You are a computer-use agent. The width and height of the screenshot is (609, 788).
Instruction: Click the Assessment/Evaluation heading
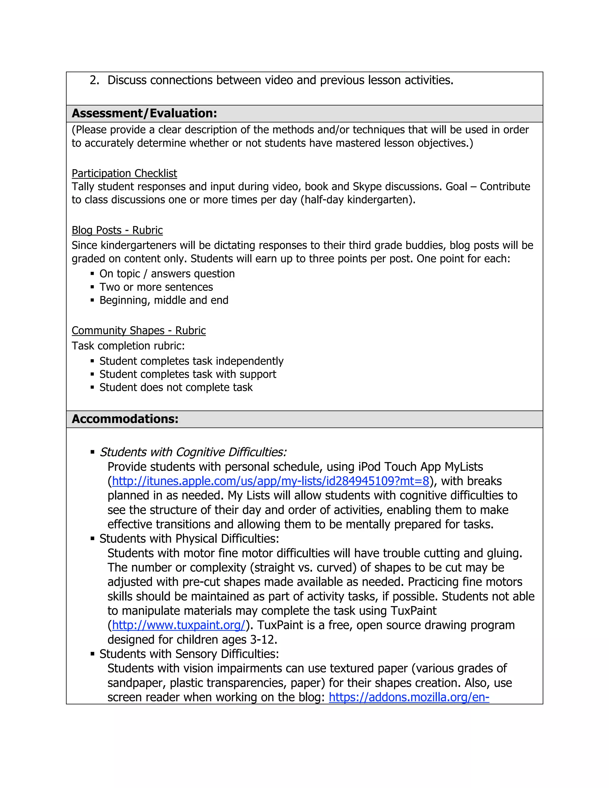tap(144, 113)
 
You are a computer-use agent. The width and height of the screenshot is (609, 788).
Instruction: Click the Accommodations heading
tap(125, 419)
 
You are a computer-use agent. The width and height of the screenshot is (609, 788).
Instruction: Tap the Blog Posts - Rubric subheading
tap(117, 230)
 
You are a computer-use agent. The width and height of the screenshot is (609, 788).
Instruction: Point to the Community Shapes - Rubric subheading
tap(139, 330)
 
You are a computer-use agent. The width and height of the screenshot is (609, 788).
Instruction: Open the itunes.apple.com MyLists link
tap(271, 481)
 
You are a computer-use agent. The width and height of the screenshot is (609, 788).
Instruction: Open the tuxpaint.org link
tap(179, 625)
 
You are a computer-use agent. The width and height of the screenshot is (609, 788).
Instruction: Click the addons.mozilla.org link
tap(409, 697)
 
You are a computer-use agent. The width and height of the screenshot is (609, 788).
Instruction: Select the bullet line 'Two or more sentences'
tap(156, 287)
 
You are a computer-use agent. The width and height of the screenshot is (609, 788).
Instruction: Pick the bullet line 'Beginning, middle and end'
tap(164, 300)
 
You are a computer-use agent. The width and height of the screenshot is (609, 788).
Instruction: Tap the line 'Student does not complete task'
tap(176, 387)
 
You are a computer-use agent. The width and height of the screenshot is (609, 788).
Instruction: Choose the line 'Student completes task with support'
tap(188, 374)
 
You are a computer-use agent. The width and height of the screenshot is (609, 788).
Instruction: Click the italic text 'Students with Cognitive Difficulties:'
tap(193, 452)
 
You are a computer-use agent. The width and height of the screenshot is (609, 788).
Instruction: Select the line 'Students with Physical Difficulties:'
tap(189, 539)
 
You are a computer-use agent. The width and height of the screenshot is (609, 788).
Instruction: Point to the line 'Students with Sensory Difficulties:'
tap(189, 654)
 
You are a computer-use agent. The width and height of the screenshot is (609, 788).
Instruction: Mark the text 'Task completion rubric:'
tap(128, 346)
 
